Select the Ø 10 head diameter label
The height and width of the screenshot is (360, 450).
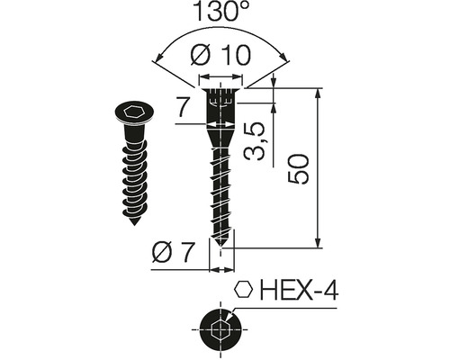[220, 55]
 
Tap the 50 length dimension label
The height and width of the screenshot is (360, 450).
[298, 168]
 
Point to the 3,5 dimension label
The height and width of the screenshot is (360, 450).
[255, 141]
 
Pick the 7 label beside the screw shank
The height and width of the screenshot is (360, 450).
[183, 108]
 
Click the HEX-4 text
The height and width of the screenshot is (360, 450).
[299, 290]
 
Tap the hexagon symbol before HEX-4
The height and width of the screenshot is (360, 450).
[244, 290]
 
